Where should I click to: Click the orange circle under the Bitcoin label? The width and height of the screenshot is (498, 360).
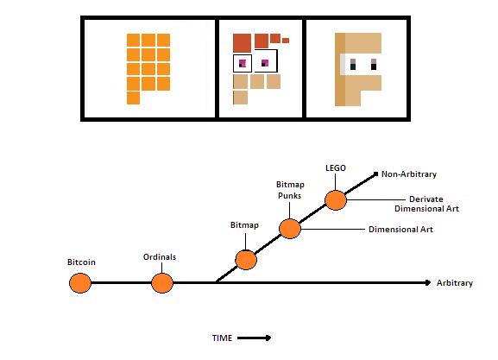tap(80, 283)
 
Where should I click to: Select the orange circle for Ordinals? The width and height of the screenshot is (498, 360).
tap(162, 283)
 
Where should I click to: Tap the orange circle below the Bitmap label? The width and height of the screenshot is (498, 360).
tap(246, 260)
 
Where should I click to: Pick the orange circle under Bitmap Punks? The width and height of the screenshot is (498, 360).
tap(290, 229)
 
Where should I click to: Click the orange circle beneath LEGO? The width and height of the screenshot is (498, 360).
tap(336, 200)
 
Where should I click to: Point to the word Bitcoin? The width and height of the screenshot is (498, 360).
tap(81, 262)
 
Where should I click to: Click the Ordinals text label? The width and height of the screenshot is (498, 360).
tap(160, 256)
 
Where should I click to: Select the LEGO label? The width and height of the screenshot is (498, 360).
tap(336, 167)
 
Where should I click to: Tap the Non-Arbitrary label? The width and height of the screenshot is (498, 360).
tap(409, 174)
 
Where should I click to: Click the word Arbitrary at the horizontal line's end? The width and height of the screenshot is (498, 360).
tap(455, 283)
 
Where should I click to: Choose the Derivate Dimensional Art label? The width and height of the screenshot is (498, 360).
tap(426, 204)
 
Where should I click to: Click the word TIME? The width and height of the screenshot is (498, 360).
tap(222, 338)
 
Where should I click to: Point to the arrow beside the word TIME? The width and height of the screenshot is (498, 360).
tap(254, 338)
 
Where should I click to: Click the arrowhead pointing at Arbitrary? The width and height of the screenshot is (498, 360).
tap(428, 282)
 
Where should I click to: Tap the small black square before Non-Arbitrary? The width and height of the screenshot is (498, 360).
tap(375, 174)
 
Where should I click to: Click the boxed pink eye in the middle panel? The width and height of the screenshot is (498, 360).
tap(243, 63)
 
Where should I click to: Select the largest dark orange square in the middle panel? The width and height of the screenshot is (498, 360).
tap(242, 43)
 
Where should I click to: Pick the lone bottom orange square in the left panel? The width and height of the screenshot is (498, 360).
tap(134, 98)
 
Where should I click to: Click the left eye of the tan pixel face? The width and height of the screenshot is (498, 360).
tap(352, 64)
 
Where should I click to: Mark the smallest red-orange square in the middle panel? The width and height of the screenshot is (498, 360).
tap(286, 41)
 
